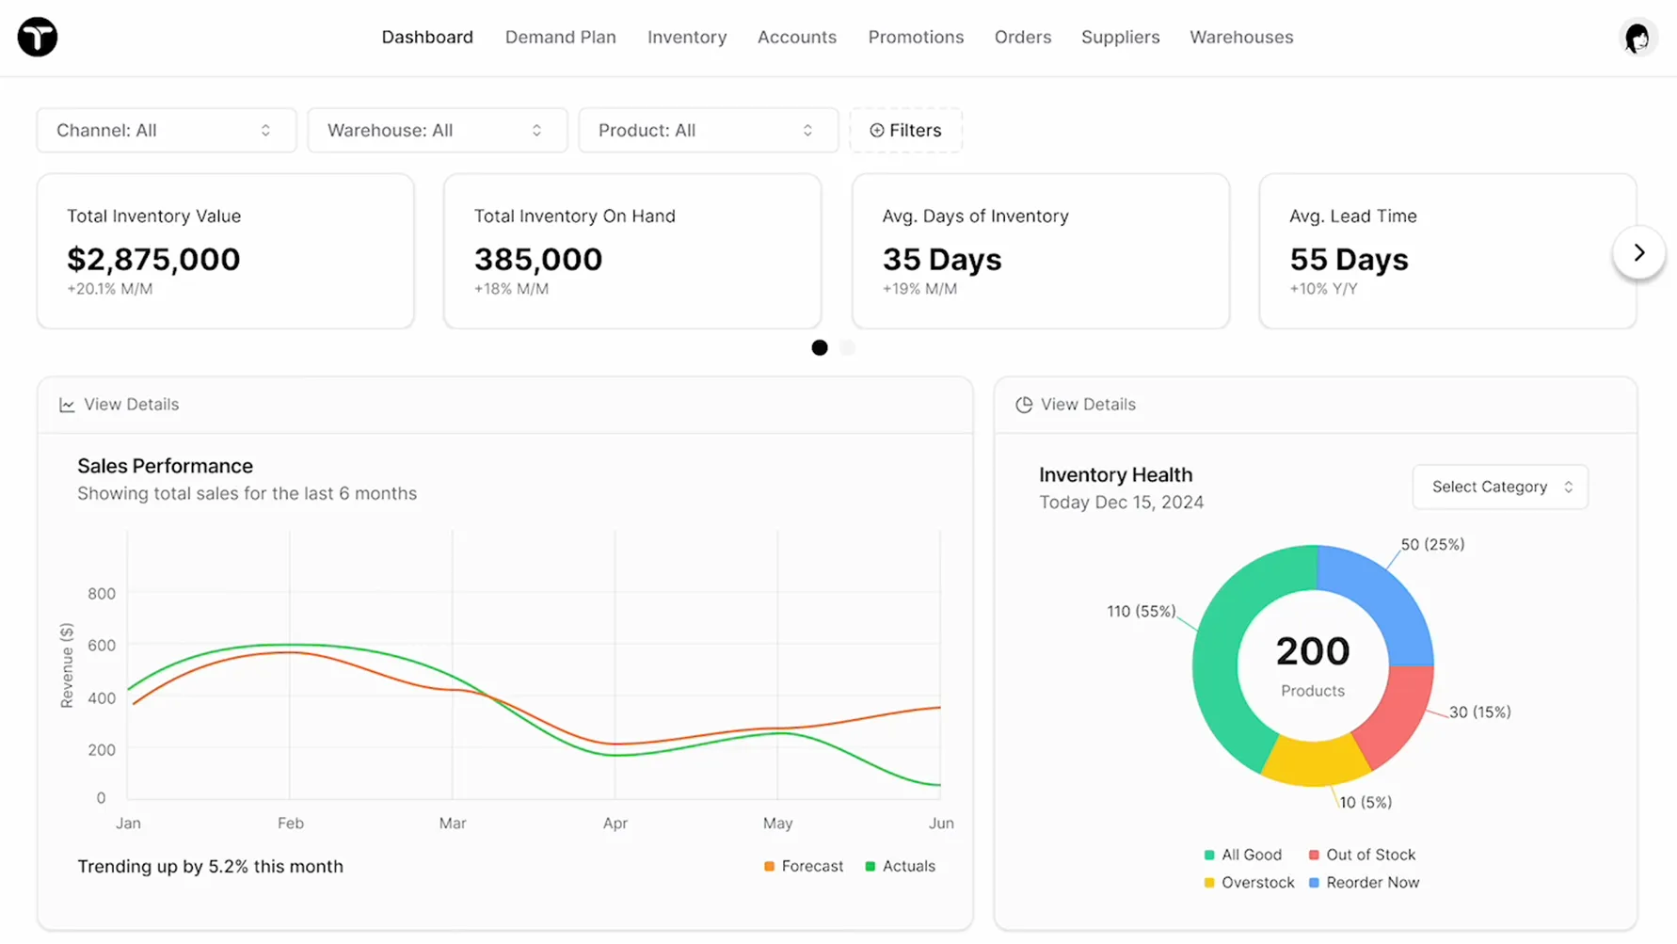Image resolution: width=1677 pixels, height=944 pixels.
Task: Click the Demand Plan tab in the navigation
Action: click(x=560, y=38)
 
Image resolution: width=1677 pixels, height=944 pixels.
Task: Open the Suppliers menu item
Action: click(x=1120, y=38)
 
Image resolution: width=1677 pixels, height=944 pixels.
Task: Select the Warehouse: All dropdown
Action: click(x=437, y=130)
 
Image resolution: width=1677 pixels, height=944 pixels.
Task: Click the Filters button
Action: click(x=905, y=130)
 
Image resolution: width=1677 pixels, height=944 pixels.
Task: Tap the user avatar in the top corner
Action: click(x=1637, y=38)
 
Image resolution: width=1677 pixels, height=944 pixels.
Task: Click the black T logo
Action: click(x=38, y=38)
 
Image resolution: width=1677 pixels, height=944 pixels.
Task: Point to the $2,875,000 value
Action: click(x=153, y=259)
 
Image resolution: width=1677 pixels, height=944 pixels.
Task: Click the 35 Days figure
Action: click(x=942, y=259)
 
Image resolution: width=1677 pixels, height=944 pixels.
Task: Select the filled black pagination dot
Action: click(x=820, y=348)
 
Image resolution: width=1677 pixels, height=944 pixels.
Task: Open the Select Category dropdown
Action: click(x=1500, y=487)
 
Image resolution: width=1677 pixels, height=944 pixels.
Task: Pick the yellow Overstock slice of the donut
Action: click(x=1315, y=760)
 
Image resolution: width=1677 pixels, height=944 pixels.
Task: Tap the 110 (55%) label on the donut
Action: click(x=1141, y=612)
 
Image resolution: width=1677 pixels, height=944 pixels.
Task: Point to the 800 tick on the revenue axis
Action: click(x=102, y=594)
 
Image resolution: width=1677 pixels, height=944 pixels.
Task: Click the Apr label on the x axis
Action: click(x=615, y=824)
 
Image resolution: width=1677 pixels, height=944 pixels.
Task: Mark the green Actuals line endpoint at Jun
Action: click(x=939, y=785)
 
